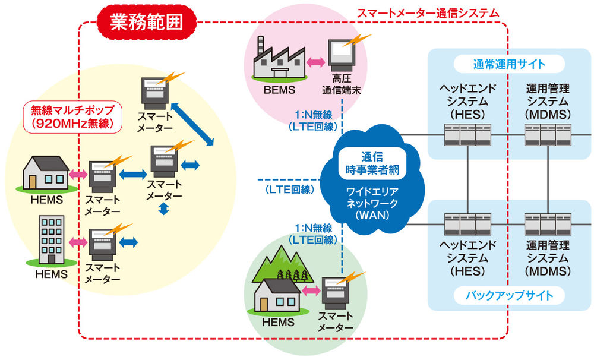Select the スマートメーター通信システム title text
pos(428,12)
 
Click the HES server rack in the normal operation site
pos(468,135)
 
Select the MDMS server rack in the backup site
pos(547,225)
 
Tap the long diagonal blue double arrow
pos(192,124)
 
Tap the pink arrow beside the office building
pos(77,242)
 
